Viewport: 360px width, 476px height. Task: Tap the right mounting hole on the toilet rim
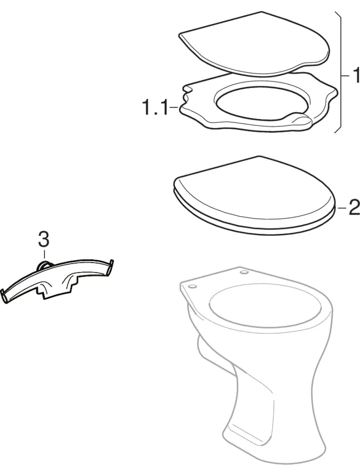(x=244, y=273)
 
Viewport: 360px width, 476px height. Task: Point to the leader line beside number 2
(x=341, y=207)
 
